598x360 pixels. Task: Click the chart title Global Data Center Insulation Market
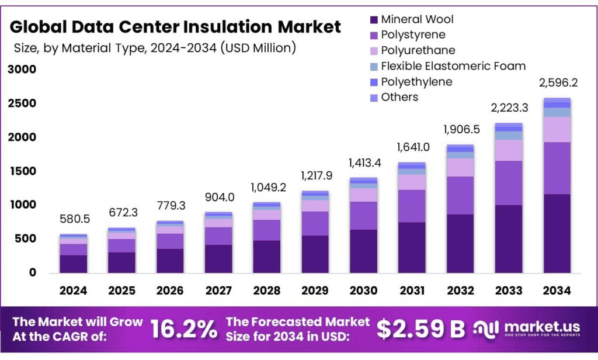coord(175,26)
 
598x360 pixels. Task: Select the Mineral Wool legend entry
coord(417,19)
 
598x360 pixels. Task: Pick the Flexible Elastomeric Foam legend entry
coord(453,66)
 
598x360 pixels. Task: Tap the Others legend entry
coord(399,97)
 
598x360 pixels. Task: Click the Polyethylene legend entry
coord(416,82)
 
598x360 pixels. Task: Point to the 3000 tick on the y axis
coord(22,70)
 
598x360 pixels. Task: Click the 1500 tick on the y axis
coord(22,171)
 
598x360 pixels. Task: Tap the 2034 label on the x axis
coord(557,290)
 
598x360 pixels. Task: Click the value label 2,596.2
coord(557,83)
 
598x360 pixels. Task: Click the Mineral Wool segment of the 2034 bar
coord(557,233)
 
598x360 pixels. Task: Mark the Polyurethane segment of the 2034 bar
coord(557,129)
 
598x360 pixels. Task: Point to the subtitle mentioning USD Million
coord(155,48)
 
